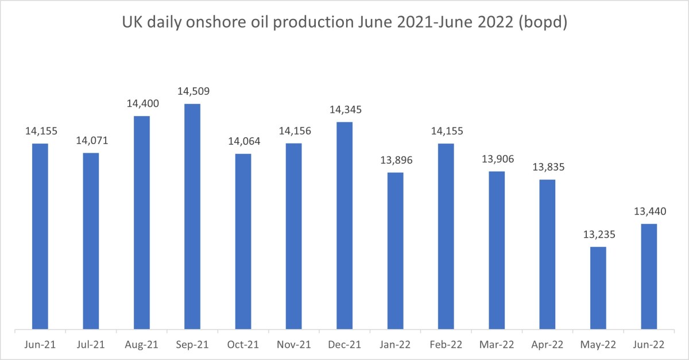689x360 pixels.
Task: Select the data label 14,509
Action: point(192,92)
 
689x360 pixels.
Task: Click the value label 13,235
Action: point(598,235)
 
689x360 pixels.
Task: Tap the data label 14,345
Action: point(344,110)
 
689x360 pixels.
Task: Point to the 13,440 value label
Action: point(649,211)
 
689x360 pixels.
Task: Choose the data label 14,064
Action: point(243,142)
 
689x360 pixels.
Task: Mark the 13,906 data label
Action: point(497,159)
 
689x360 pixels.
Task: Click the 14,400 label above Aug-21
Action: point(142,104)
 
